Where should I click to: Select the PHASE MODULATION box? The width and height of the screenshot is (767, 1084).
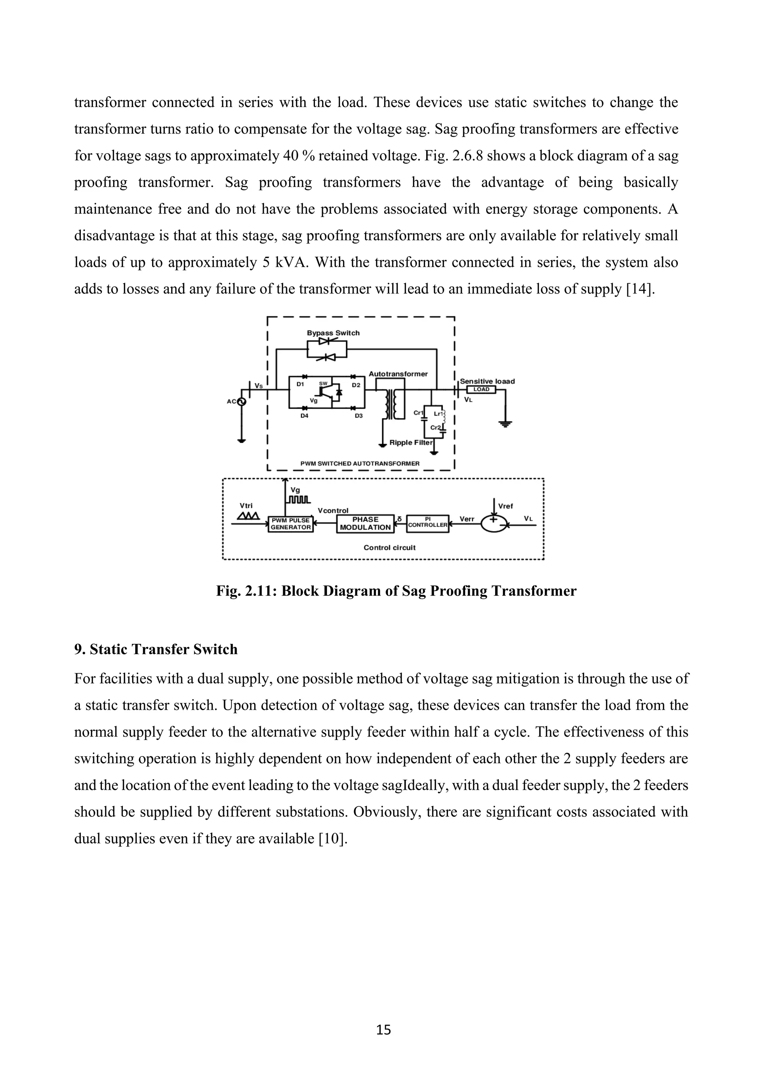(x=365, y=524)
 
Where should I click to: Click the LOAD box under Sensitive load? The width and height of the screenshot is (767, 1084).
(x=481, y=390)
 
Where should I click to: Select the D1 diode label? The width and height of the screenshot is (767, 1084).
(x=300, y=385)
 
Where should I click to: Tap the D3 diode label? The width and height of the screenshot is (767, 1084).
(x=359, y=416)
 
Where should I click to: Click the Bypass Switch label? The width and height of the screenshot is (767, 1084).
(x=333, y=333)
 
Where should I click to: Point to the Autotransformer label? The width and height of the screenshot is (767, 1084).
(x=398, y=374)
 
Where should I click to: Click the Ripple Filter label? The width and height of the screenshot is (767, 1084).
(x=410, y=442)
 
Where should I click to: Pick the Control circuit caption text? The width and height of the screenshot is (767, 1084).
(x=389, y=548)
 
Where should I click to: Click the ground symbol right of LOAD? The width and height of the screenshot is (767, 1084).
(x=505, y=423)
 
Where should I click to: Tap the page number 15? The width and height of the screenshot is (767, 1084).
(x=383, y=1030)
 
